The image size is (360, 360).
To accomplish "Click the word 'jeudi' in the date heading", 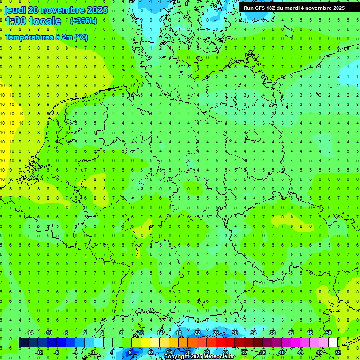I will pyautogui.click(x=15, y=10).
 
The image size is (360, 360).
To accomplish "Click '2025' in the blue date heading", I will pyautogui.click(x=97, y=10).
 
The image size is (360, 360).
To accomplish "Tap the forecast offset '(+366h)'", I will pyautogui.click(x=83, y=21).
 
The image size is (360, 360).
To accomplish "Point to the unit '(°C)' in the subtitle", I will pyautogui.click(x=81, y=37).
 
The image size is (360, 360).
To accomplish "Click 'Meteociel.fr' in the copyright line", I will pyautogui.click(x=220, y=357).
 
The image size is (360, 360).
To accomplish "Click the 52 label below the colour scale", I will pyautogui.click(x=337, y=352).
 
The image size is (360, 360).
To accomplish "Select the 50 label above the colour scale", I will pyautogui.click(x=328, y=333).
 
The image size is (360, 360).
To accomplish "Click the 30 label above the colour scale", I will pyautogui.click(x=234, y=333).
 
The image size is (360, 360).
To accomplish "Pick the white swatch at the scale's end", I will pyautogui.click(x=333, y=343).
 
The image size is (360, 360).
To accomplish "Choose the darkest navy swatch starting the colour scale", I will pyautogui.click(x=23, y=343).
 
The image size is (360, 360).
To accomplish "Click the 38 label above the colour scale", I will pyautogui.click(x=272, y=333).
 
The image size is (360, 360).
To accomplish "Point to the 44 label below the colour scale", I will pyautogui.click(x=300, y=352).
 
